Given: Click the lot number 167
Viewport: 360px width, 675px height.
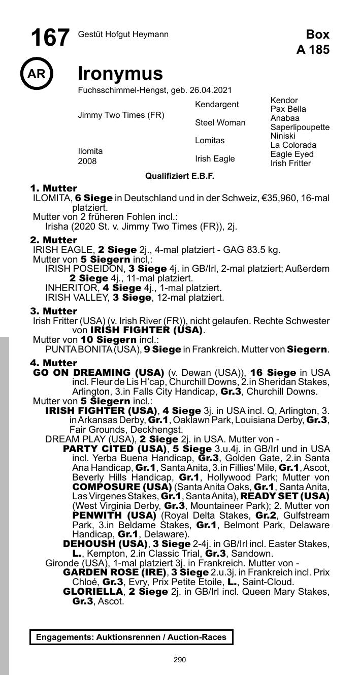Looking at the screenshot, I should (50, 38).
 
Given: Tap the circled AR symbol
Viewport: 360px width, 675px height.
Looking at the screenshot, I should (36, 74).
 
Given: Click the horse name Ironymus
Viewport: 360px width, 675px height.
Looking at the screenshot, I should (120, 74).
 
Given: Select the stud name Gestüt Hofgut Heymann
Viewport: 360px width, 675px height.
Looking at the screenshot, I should (123, 35).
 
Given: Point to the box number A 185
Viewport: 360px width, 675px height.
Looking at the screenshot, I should (313, 49).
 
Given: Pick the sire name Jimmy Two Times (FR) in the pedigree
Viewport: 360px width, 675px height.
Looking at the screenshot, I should (121, 115).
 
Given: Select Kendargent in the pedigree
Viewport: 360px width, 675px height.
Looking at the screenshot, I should (217, 105).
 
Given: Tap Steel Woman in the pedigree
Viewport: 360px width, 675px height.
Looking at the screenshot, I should (220, 123).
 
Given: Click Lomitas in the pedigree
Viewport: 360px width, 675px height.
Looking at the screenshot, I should (210, 141).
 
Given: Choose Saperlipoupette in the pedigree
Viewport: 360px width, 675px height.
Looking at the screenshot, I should (300, 127).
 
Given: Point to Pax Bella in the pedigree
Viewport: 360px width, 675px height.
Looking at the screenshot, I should (288, 109).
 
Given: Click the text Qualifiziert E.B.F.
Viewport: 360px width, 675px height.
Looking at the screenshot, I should (180, 176).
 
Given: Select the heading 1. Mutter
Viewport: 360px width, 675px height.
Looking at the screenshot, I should (54, 188).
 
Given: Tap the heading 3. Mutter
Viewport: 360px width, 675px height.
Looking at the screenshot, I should (54, 311).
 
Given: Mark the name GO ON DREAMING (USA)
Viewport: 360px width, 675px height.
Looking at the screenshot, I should (99, 372).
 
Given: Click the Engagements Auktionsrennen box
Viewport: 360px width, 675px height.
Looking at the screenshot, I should (131, 637).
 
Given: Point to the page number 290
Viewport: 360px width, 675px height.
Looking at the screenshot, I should (180, 660).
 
